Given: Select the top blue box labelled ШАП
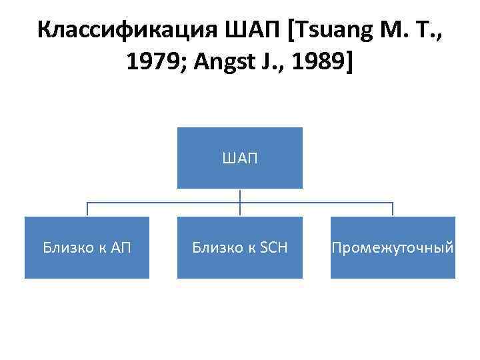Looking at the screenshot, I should pyautogui.click(x=239, y=158).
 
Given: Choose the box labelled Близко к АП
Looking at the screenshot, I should pyautogui.click(x=87, y=247).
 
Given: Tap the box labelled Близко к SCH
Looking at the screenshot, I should pyautogui.click(x=239, y=247).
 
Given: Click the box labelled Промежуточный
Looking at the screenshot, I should pyautogui.click(x=393, y=247).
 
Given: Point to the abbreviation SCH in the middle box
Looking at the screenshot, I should pyautogui.click(x=273, y=248).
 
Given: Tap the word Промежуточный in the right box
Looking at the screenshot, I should pyautogui.click(x=393, y=248).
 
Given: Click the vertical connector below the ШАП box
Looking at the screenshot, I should pyautogui.click(x=239, y=196).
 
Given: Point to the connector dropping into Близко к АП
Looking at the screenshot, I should pyautogui.click(x=87, y=209).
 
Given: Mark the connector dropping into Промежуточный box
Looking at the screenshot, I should pyautogui.click(x=393, y=209).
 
